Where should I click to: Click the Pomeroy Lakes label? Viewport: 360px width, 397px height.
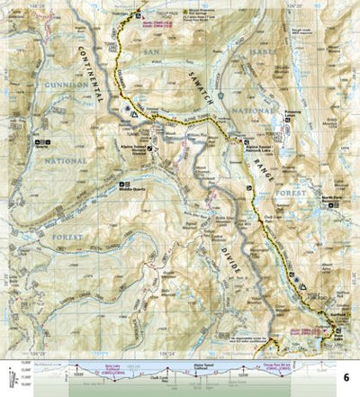click(292, 114)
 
